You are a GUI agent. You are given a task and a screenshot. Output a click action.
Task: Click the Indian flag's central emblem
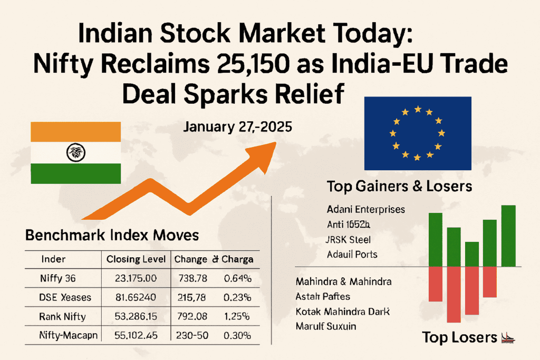coord(75,153)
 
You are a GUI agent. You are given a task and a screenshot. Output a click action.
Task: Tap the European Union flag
coord(418,134)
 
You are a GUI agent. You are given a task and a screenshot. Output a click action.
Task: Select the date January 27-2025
coord(237,128)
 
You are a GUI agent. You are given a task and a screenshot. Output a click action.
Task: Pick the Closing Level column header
coord(136,259)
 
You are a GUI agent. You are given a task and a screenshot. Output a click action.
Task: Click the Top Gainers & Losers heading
coord(399,186)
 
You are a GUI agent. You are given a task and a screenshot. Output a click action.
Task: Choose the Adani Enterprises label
coord(366,209)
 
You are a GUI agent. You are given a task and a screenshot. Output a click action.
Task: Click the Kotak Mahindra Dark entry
coord(342,311)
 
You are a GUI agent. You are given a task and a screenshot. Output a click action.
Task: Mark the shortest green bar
coord(472,254)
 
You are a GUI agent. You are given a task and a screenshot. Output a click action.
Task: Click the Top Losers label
coord(460,337)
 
